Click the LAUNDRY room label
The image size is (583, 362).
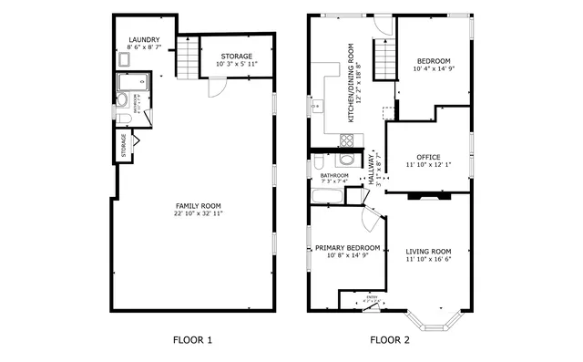click(144, 40)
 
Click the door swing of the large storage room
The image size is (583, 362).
click(216, 89)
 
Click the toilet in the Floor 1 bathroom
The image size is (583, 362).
click(124, 119)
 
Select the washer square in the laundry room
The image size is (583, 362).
click(124, 60)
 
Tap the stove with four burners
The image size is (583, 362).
click(346, 140)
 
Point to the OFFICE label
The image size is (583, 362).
click(428, 157)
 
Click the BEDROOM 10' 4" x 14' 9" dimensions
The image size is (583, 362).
click(432, 69)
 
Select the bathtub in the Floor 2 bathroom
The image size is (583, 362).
click(327, 195)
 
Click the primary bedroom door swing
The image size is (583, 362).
click(370, 219)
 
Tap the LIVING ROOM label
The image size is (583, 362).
click(428, 251)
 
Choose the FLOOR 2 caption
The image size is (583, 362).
click(389, 341)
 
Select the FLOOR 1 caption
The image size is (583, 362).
click(192, 341)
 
